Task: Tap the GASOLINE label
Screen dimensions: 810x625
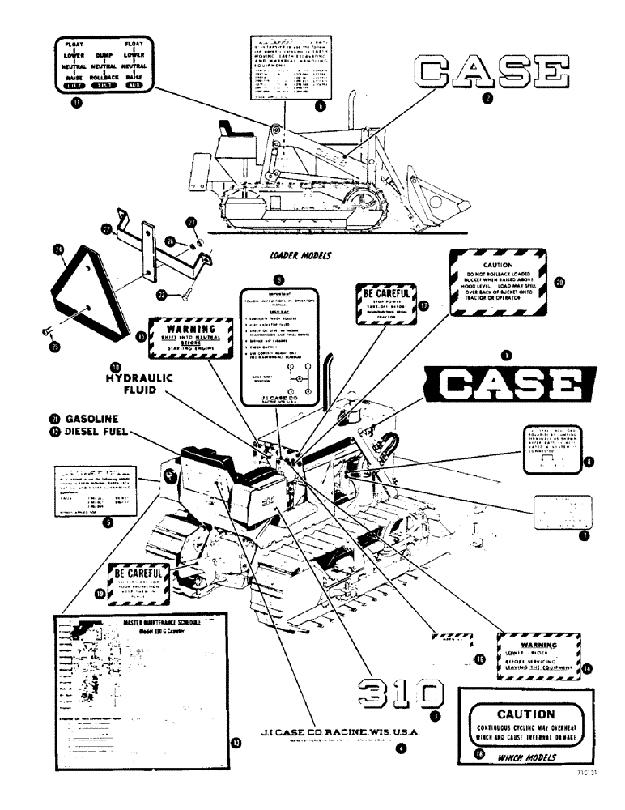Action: [92, 418]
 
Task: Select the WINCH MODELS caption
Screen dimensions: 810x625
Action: [525, 758]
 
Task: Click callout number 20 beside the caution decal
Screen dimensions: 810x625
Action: [559, 283]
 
